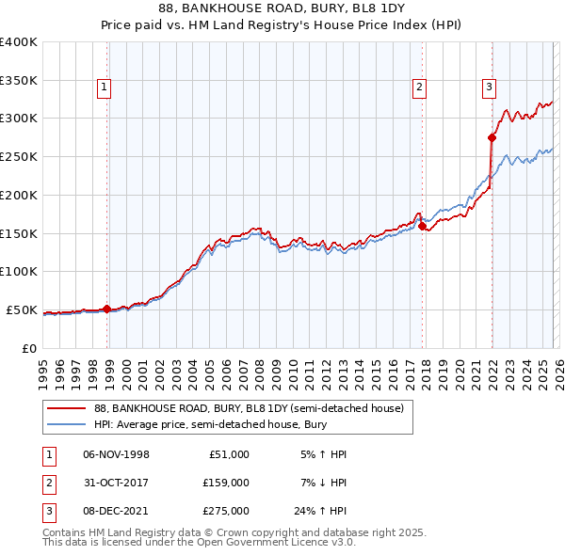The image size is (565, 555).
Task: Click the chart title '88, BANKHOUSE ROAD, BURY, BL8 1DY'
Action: pyautogui.click(x=282, y=9)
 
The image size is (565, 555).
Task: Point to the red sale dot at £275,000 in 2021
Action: pyautogui.click(x=492, y=137)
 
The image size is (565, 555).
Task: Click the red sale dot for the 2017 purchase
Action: pyautogui.click(x=423, y=226)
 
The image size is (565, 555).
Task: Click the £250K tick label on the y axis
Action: pyautogui.click(x=19, y=156)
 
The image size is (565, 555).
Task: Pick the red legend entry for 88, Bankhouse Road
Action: pyautogui.click(x=249, y=408)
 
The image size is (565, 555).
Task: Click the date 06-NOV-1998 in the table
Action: pyautogui.click(x=116, y=454)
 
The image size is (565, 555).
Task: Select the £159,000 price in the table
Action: pyautogui.click(x=226, y=483)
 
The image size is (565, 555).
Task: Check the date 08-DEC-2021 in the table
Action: pyautogui.click(x=116, y=511)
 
